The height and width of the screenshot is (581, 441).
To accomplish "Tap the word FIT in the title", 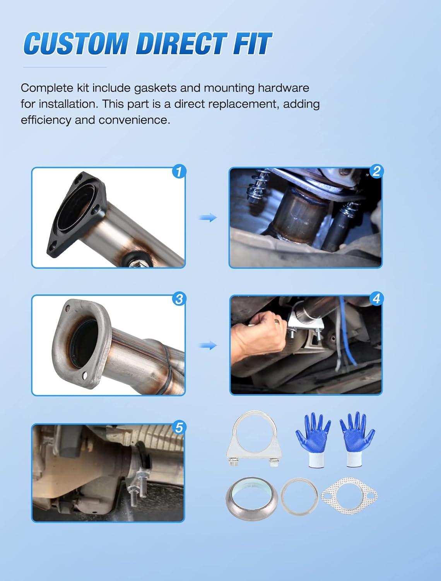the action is click(x=252, y=44).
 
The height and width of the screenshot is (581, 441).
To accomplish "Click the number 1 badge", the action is click(x=179, y=172).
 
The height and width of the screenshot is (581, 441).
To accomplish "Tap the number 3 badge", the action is click(x=179, y=299).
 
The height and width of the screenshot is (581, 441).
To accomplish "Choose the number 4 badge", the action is click(x=376, y=299).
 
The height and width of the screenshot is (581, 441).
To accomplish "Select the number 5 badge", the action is click(x=179, y=428).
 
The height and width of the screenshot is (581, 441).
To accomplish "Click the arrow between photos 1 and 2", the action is click(x=208, y=218).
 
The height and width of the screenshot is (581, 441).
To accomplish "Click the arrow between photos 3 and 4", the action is click(x=208, y=346).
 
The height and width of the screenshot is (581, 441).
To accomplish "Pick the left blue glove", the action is click(x=313, y=439).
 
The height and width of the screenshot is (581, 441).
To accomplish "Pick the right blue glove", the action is click(x=356, y=439).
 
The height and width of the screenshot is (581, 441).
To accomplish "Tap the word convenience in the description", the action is click(x=134, y=120).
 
